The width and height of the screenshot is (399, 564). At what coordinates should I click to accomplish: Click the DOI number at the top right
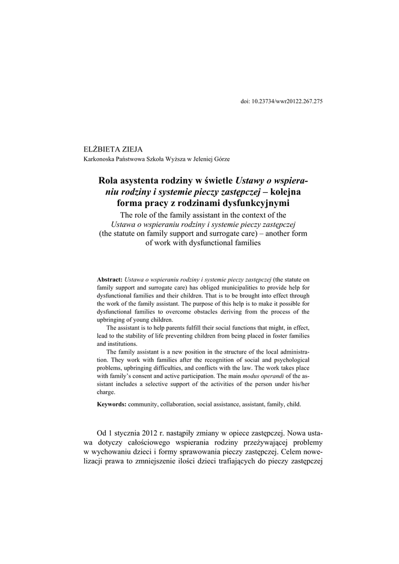[287, 102]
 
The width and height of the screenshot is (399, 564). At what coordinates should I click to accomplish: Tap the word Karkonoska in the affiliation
[98, 159]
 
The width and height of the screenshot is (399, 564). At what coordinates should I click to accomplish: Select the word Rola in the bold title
[109, 181]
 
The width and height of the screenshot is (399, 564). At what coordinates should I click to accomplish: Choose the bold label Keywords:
[112, 404]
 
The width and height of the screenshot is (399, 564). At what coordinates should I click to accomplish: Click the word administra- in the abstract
[292, 352]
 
